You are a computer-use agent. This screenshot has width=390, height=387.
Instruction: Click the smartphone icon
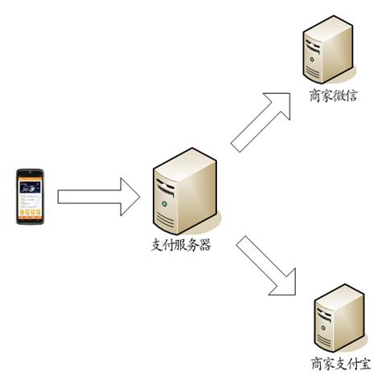(x=30, y=197)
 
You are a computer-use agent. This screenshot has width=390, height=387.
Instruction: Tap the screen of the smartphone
(x=30, y=197)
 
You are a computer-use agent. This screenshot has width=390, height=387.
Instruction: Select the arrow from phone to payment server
(x=99, y=197)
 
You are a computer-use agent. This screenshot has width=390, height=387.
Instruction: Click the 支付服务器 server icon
(x=185, y=191)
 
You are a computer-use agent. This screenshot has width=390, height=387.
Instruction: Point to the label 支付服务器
(x=181, y=245)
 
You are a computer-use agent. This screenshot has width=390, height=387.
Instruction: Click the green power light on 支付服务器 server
(x=164, y=204)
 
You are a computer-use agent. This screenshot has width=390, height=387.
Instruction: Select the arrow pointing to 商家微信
(x=261, y=122)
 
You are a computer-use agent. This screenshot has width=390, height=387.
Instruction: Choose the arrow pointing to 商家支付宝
(x=266, y=266)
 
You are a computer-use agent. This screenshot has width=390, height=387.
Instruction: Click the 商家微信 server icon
(x=328, y=49)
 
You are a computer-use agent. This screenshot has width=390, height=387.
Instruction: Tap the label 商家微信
(x=333, y=96)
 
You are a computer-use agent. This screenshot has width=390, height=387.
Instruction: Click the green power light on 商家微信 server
(x=311, y=59)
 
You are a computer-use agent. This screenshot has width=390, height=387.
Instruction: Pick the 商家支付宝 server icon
(x=339, y=318)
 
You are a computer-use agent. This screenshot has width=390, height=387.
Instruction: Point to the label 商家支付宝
(x=341, y=364)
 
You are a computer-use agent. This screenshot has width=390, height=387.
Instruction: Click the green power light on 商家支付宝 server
(x=323, y=328)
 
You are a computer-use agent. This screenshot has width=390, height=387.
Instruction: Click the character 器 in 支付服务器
(x=205, y=245)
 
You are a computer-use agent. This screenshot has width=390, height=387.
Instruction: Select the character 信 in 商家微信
(x=351, y=96)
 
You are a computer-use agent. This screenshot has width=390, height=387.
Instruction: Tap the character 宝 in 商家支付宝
(x=364, y=364)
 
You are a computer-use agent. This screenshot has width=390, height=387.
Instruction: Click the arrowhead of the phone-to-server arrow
(x=129, y=197)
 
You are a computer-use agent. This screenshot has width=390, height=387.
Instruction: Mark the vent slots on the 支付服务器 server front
(x=166, y=221)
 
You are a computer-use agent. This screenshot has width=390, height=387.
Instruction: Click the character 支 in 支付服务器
(x=157, y=245)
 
